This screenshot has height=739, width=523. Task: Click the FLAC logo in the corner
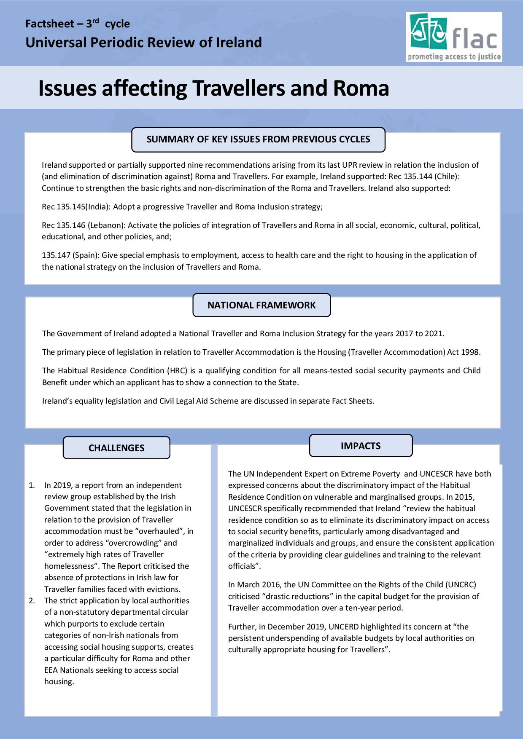pyautogui.click(x=454, y=37)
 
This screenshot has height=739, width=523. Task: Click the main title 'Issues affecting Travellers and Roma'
pyautogui.click(x=213, y=88)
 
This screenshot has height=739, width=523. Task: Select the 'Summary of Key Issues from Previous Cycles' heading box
pyautogui.click(x=258, y=139)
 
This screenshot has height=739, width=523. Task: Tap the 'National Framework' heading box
pyautogui.click(x=261, y=305)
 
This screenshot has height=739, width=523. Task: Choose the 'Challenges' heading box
pyautogui.click(x=116, y=448)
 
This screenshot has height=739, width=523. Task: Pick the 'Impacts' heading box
pyautogui.click(x=361, y=446)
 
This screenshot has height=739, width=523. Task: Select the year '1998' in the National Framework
pyautogui.click(x=471, y=352)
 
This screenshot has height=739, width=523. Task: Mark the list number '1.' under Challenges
pyautogui.click(x=32, y=485)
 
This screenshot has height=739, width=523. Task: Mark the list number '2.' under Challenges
pyautogui.click(x=32, y=601)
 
